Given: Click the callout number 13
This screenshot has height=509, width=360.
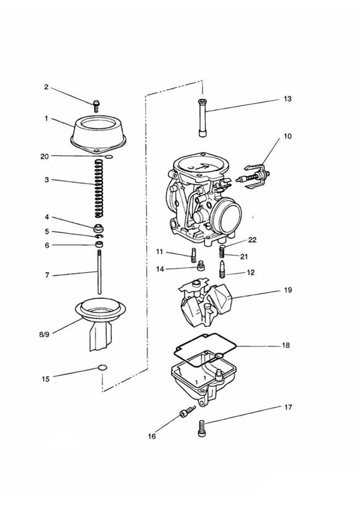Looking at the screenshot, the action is pyautogui.click(x=288, y=99).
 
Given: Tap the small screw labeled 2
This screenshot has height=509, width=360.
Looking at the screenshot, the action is pyautogui.click(x=96, y=106).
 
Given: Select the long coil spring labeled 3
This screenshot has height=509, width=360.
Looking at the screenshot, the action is pyautogui.click(x=99, y=188).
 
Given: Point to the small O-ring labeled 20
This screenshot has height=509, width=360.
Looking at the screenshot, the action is pyautogui.click(x=109, y=157).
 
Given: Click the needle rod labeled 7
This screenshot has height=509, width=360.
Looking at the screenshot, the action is pyautogui.click(x=99, y=271).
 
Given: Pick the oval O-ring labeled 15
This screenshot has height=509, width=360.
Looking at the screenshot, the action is pyautogui.click(x=103, y=368).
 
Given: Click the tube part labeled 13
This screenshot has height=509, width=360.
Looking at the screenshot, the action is pyautogui.click(x=203, y=118).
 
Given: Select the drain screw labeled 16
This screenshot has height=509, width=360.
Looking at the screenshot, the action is pyautogui.click(x=188, y=411).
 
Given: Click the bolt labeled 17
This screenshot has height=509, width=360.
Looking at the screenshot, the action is pyautogui.click(x=201, y=428).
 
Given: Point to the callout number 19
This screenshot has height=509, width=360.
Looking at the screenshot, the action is pyautogui.click(x=288, y=290).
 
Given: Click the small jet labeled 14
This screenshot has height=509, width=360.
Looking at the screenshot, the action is pyautogui.click(x=201, y=266).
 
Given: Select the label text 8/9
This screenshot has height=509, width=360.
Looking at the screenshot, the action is pyautogui.click(x=44, y=334).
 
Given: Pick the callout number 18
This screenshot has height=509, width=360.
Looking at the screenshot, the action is pyautogui.click(x=286, y=345).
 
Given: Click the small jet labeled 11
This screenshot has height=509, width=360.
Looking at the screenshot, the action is pyautogui.click(x=193, y=255).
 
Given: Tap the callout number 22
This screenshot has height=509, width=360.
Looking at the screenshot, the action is pyautogui.click(x=252, y=240).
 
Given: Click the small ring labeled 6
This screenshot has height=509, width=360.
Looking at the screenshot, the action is pyautogui.click(x=99, y=244).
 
